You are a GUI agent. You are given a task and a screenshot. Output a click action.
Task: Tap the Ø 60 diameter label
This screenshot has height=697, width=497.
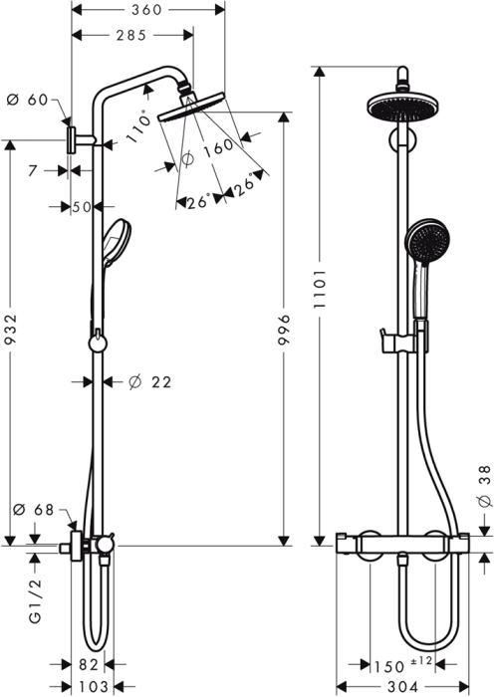coord(27,99)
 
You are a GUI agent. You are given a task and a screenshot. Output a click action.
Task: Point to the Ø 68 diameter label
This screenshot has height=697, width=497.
coord(31,511)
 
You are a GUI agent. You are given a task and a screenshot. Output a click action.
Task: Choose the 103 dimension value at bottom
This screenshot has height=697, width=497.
coord(92,687)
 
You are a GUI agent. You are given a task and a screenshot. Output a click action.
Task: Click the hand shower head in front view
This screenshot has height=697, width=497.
coord(424,241)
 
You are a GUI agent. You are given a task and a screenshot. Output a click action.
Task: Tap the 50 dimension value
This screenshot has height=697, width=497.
coord(81,207)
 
